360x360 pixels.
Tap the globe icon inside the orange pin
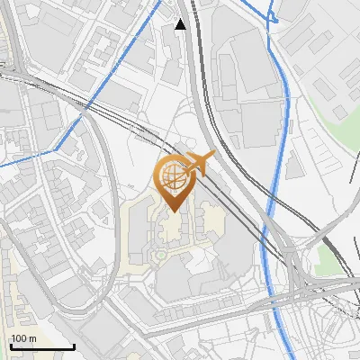(174, 175)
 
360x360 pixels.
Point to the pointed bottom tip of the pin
(174, 211)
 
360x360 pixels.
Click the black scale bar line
(41, 346)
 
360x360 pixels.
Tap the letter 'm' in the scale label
(33, 337)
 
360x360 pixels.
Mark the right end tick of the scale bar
(74, 345)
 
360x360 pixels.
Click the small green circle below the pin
(160, 255)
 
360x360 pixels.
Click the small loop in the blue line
(272, 15)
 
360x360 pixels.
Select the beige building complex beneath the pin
(171, 225)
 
